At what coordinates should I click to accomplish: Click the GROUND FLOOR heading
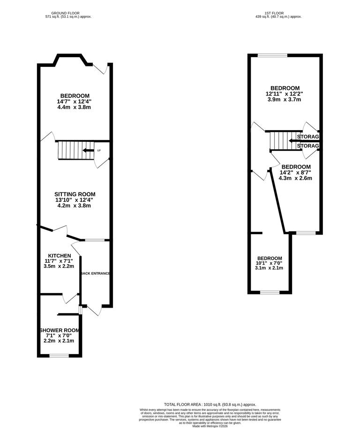(x=66, y=13)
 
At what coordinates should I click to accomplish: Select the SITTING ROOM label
(x=75, y=194)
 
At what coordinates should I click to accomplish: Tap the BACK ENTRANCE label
(x=95, y=273)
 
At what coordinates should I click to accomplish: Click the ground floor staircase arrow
(x=88, y=150)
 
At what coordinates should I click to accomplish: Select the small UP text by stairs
(x=99, y=150)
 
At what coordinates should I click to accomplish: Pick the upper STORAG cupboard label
(x=308, y=137)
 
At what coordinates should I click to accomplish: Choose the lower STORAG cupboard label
(x=308, y=146)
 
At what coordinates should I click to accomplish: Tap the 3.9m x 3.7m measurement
(x=285, y=99)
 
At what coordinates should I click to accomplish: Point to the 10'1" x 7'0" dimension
(x=270, y=263)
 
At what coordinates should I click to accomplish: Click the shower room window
(x=59, y=356)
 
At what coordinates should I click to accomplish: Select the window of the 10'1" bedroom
(x=270, y=293)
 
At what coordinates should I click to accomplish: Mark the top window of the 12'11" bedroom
(x=272, y=55)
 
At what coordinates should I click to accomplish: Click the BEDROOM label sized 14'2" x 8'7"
(x=296, y=167)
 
